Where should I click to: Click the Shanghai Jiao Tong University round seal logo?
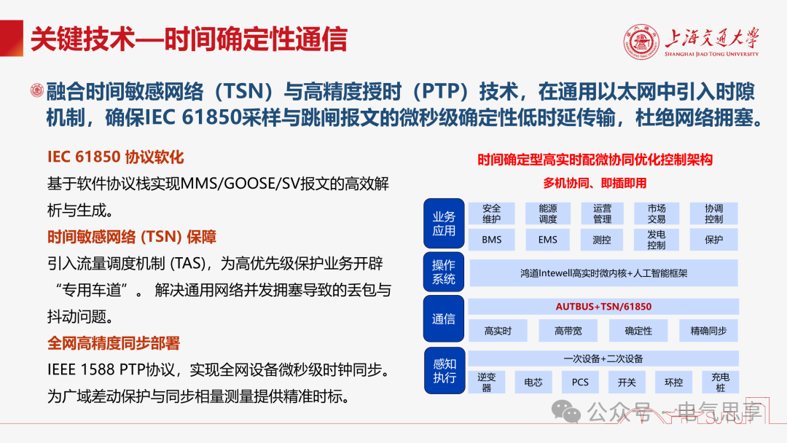tap(641, 42)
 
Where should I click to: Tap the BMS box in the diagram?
tap(491, 240)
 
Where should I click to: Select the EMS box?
tap(547, 240)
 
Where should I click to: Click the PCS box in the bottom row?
tap(580, 383)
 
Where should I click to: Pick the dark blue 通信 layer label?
tap(444, 319)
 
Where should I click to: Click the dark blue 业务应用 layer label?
tap(444, 224)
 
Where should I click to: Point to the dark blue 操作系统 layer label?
tap(444, 272)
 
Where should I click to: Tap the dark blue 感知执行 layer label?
tap(444, 371)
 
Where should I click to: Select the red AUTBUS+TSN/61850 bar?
tap(603, 307)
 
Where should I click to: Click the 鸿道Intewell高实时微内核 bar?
tap(603, 273)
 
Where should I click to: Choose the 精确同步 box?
tap(708, 331)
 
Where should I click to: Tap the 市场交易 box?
tap(656, 213)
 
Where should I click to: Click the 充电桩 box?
tap(720, 383)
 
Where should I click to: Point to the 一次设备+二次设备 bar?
tap(603, 358)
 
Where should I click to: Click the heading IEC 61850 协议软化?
tap(115, 157)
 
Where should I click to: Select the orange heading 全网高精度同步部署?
tap(114, 343)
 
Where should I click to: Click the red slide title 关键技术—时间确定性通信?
tap(189, 39)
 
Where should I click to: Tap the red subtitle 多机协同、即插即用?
tap(595, 183)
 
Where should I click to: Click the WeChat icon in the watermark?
tap(565, 412)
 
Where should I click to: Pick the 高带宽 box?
tap(568, 331)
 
